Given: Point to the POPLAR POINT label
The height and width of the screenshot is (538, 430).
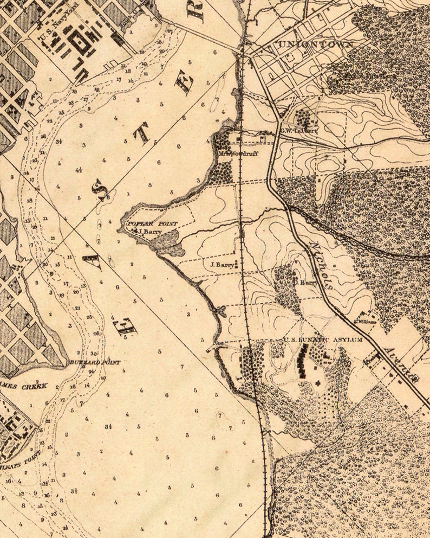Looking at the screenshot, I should click(152, 223).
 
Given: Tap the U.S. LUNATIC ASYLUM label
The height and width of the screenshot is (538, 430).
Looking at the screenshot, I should click(323, 340).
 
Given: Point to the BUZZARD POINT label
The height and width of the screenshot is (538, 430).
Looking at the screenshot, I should click(94, 362).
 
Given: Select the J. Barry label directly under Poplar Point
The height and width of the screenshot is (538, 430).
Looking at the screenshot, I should click(147, 231).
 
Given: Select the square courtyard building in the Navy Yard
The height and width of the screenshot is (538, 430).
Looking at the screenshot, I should click(82, 43).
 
